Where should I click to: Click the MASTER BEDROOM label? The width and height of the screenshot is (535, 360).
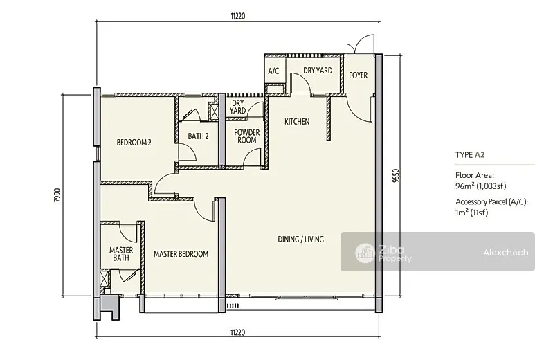click(181, 254)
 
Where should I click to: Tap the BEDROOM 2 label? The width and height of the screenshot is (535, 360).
click(134, 143)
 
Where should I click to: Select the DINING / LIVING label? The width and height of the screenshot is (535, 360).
click(300, 240)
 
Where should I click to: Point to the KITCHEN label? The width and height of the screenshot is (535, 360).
click(297, 121)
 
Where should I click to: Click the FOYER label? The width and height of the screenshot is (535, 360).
click(358, 75)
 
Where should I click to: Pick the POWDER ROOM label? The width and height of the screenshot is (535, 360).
click(246, 136)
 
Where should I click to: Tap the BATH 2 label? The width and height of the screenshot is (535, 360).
click(198, 136)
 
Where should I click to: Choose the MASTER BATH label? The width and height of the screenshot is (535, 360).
click(121, 254)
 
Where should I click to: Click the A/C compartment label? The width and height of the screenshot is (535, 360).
click(273, 71)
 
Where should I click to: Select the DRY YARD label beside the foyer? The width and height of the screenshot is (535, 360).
click(317, 71)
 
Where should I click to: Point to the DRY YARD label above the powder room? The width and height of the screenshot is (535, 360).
click(237, 107)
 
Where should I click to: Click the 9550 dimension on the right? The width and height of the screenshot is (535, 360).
click(396, 176)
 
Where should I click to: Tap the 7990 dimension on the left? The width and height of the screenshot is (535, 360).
click(57, 195)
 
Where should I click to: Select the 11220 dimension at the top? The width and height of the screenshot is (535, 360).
click(238, 16)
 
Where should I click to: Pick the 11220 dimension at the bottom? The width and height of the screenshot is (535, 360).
click(238, 332)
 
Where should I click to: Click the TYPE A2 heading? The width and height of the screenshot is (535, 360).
click(470, 155)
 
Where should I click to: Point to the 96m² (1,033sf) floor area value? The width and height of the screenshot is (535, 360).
click(481, 186)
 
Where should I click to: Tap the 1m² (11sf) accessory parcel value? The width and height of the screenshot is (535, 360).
click(471, 213)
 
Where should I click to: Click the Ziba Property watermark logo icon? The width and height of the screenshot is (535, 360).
click(365, 253)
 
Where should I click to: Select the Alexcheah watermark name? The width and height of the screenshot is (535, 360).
click(506, 253)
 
